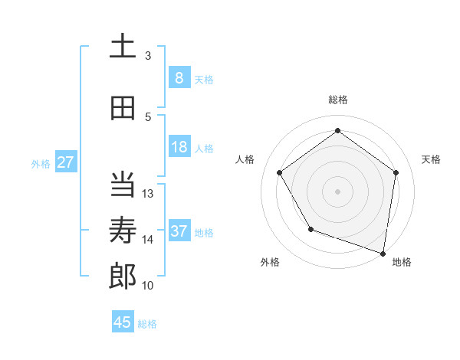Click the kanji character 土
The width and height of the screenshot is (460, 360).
(123, 46)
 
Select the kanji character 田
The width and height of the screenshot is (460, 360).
(123, 108)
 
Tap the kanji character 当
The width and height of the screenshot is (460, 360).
(123, 185)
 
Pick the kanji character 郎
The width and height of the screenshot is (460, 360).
(123, 277)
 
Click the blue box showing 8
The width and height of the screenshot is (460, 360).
(179, 77)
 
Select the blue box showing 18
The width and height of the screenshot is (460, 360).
(179, 147)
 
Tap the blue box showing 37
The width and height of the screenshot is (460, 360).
(179, 231)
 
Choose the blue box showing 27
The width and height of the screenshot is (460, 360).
(65, 162)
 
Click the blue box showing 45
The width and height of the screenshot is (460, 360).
(123, 322)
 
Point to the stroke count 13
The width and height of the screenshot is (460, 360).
(148, 194)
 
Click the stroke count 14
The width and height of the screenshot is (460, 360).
(148, 240)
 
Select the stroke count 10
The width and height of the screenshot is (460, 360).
(148, 286)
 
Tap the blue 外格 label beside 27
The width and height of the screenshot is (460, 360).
(41, 163)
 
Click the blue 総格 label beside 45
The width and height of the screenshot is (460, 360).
(147, 324)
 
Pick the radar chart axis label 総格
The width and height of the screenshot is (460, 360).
(337, 100)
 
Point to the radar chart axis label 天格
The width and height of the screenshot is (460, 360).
(431, 159)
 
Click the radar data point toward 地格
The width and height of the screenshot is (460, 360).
(383, 253)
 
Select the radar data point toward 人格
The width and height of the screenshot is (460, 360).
(279, 172)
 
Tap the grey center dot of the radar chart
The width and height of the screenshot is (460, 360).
(337, 191)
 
